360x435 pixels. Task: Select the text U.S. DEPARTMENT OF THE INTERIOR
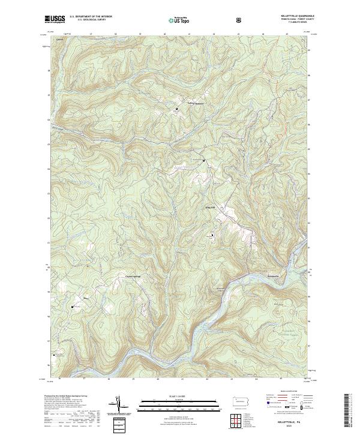pos(91,16)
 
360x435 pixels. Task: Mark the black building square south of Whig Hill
pos(211,235)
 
